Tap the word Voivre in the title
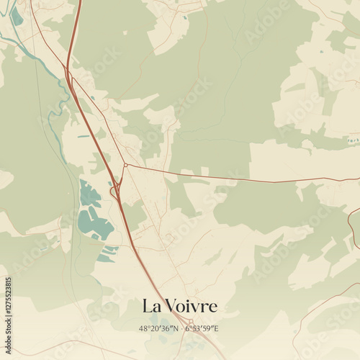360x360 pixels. (192, 306)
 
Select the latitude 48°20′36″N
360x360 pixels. (159, 328)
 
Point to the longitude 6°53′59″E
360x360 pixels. (202, 328)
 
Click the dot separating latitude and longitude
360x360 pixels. (181, 328)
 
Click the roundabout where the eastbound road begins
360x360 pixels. (125, 165)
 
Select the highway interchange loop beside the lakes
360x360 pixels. (114, 192)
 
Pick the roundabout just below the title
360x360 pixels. (189, 321)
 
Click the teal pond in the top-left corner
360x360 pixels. (16, 16)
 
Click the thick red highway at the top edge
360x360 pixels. (78, 4)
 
